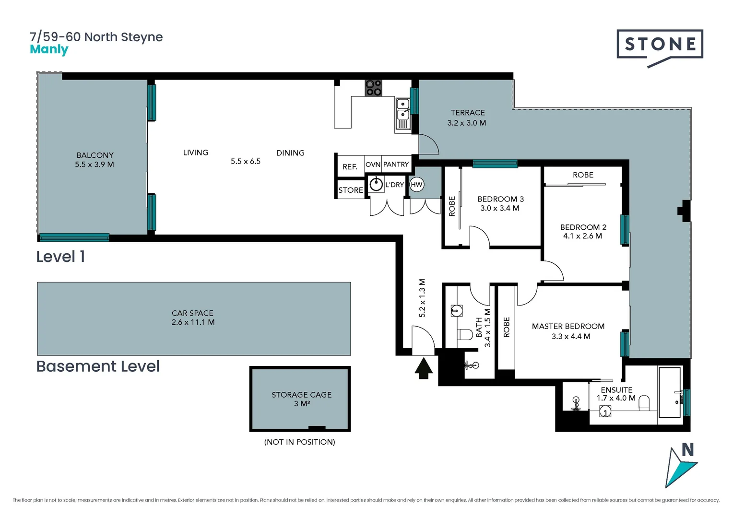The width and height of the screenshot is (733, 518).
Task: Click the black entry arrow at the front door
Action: (x=423, y=368)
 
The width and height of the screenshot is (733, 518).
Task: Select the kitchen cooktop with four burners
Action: (x=373, y=88)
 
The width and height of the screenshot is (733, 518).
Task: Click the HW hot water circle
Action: (x=416, y=185)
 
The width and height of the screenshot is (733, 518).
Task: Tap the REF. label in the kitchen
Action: (x=350, y=167)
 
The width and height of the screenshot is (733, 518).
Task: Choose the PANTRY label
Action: (x=396, y=165)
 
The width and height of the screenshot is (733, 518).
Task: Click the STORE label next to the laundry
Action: (x=351, y=190)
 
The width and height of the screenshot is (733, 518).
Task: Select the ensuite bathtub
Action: (x=669, y=392)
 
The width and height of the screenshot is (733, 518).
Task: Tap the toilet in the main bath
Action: (x=464, y=334)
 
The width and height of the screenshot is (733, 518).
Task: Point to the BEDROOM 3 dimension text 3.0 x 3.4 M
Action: (x=500, y=208)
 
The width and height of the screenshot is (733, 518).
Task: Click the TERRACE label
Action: (x=467, y=113)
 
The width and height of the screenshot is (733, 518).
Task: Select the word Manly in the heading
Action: (x=49, y=49)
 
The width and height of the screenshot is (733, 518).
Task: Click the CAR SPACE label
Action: (x=192, y=313)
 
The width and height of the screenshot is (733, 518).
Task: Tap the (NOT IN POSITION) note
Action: (x=299, y=442)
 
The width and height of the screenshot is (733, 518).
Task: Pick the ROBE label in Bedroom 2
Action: (x=583, y=175)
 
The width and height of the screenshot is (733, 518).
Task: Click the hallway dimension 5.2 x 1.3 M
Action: (x=422, y=298)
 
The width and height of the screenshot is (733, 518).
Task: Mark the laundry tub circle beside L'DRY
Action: (x=376, y=185)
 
